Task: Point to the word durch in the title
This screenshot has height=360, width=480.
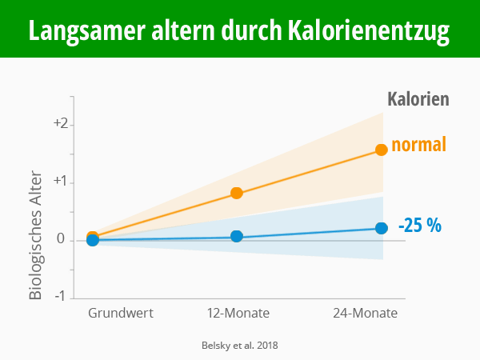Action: [246, 31]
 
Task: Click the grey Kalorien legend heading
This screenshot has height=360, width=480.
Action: [418, 99]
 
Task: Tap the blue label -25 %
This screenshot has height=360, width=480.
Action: [419, 225]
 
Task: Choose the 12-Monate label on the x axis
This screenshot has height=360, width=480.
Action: [238, 313]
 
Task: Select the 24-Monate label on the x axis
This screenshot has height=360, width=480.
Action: [365, 313]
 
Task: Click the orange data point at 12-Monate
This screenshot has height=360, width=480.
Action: [237, 193]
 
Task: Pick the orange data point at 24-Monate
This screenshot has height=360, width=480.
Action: [382, 150]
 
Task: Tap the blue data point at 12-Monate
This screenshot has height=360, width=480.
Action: [237, 236]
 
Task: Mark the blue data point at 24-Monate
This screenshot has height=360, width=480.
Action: [382, 228]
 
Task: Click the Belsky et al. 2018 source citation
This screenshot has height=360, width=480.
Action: [239, 346]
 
